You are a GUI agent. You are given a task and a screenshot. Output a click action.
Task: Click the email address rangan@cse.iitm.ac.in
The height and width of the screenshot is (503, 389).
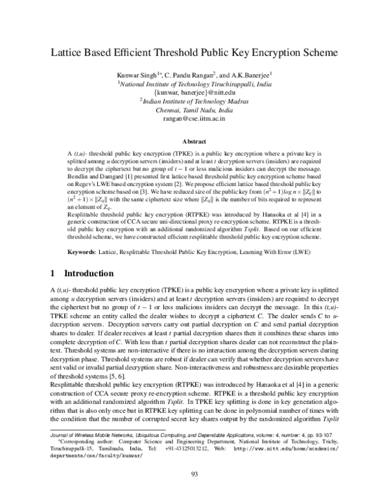[x=194, y=120]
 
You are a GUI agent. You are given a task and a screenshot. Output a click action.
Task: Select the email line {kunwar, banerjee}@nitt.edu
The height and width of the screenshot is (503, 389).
[x=194, y=93]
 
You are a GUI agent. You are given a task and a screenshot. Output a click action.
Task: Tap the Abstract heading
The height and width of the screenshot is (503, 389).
[x=194, y=140]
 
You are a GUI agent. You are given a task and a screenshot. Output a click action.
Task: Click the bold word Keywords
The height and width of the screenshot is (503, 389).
[x=86, y=250]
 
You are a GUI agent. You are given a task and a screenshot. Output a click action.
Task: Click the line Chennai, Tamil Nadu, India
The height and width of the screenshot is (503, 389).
[x=194, y=111]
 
